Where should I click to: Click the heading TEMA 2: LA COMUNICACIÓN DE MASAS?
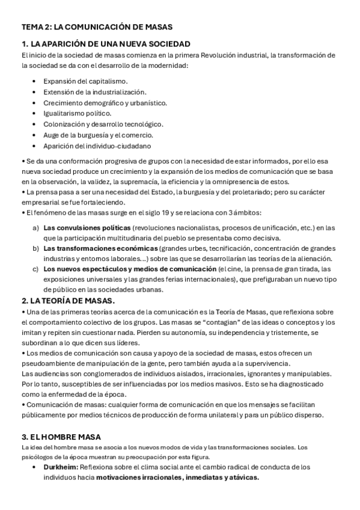tap(97, 27)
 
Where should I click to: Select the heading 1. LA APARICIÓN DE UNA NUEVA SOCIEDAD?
tap(106, 44)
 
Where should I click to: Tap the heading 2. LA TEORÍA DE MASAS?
tap(68, 300)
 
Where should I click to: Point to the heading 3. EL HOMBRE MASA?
tap(61, 436)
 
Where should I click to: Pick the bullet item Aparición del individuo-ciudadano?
tap(97, 146)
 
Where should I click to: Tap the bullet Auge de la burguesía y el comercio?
tap(93, 135)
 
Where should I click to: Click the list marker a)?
tap(35, 228)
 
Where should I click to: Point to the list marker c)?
tap(35, 269)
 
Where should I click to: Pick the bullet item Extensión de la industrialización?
tap(94, 91)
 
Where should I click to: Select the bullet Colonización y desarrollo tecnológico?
tap(103, 124)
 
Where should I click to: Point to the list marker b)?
tap(35, 248)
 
